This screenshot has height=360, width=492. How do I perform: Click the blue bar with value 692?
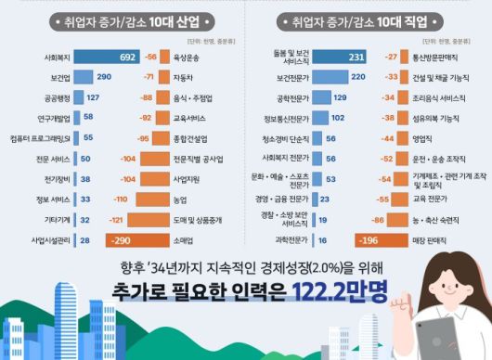[107, 57]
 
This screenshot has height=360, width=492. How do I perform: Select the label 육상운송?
[186, 57]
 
